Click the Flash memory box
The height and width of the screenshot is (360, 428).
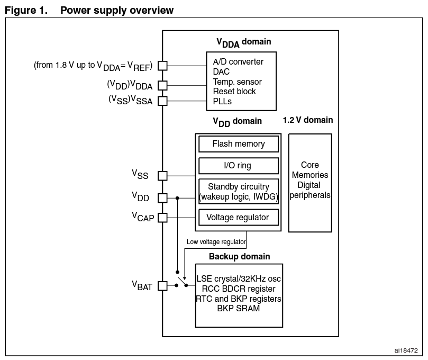(x=238, y=144)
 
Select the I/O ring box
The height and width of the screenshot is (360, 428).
(x=238, y=166)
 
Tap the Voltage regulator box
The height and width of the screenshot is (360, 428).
(x=238, y=217)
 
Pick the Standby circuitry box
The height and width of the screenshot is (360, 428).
(x=238, y=192)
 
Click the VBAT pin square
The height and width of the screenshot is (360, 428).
(x=162, y=286)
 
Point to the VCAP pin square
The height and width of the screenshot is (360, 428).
(x=162, y=217)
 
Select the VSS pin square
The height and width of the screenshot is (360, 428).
(x=162, y=176)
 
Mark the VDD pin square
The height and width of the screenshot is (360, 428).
(x=162, y=198)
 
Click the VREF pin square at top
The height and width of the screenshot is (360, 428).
(x=162, y=66)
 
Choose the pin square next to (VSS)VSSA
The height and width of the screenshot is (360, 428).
(x=162, y=101)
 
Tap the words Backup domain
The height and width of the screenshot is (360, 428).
(x=239, y=257)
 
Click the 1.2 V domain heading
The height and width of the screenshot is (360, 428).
(x=308, y=120)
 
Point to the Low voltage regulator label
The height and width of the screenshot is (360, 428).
(x=216, y=242)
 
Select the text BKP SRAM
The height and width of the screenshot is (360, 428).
(x=238, y=308)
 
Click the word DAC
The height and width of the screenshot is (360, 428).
(x=221, y=72)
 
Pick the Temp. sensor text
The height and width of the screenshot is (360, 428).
(x=237, y=82)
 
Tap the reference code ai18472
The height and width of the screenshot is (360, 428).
(x=406, y=350)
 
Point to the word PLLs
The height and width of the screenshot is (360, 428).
(x=222, y=101)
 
